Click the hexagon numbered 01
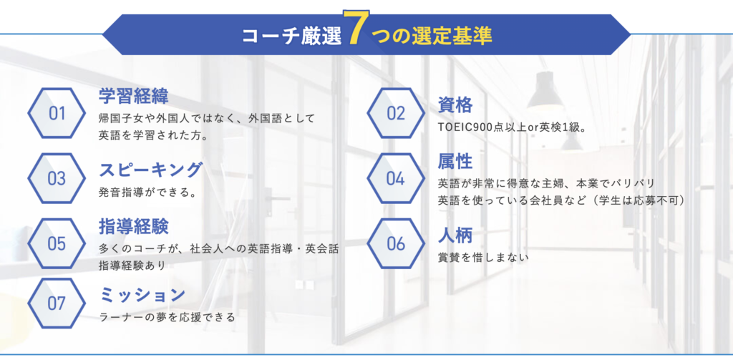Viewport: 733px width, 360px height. pos(57,113)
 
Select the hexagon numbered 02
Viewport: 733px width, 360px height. pos(395,113)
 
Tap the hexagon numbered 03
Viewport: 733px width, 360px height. pos(57,178)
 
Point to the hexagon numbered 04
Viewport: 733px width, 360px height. pos(395,178)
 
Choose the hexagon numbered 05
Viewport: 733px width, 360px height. pos(57,243)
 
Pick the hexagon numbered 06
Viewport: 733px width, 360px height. pos(395,243)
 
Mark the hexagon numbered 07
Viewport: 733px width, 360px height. pos(57,303)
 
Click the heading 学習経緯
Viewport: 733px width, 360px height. pos(134,97)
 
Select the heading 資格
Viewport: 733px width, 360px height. pos(455,104)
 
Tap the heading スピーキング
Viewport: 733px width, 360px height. pos(150,170)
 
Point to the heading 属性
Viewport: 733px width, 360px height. pos(455,162)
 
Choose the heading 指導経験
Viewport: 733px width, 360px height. pos(134,226)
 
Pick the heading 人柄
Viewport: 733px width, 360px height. pos(455,235)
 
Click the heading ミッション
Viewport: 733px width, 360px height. pos(142,295)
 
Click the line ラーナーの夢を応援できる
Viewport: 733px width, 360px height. pos(168,318)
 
